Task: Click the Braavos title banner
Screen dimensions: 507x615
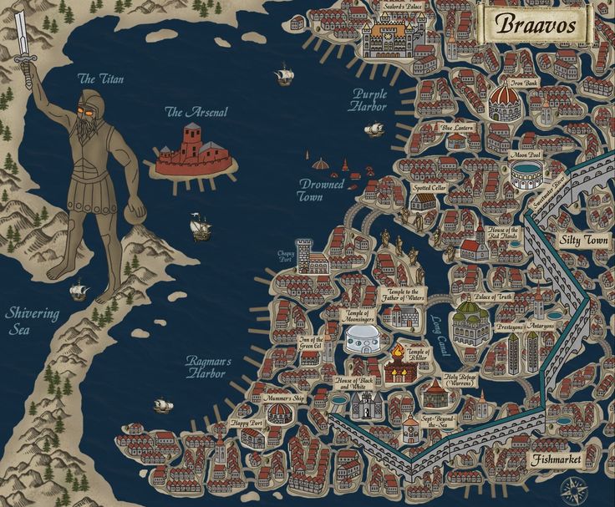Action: (x=536, y=24)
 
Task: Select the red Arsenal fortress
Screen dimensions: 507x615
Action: (x=193, y=151)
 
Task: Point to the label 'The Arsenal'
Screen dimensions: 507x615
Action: (x=196, y=112)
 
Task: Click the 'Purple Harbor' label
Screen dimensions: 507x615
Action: (x=368, y=100)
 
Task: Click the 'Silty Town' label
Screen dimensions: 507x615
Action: (x=583, y=239)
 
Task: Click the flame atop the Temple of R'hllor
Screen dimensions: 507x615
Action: (x=398, y=349)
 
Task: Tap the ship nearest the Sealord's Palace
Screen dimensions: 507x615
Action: (x=284, y=76)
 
